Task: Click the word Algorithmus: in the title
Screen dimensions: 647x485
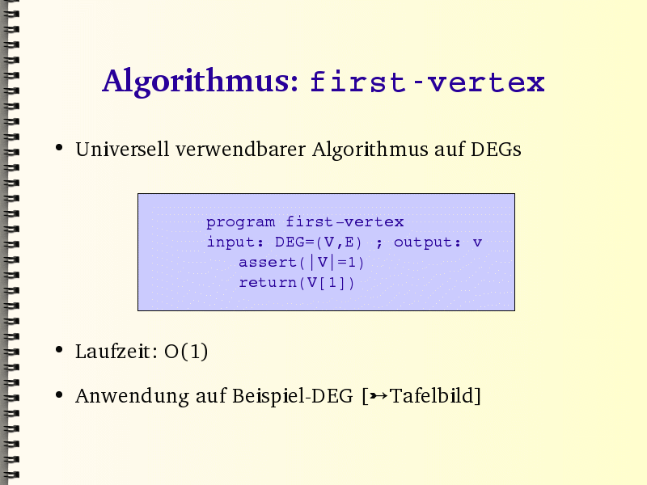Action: [x=200, y=82]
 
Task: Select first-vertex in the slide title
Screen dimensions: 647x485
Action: [x=428, y=82]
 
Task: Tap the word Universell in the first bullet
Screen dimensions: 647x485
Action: [x=122, y=149]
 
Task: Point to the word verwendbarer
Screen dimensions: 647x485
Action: [x=240, y=149]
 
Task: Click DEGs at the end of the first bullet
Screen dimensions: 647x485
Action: [x=496, y=150]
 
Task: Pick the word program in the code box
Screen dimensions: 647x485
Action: [x=240, y=223]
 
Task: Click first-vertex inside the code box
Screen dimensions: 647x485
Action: [x=345, y=221]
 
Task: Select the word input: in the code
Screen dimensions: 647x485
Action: [x=235, y=242]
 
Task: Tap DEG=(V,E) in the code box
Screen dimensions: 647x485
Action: [x=318, y=242]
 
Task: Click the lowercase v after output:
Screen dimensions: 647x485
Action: [x=477, y=242]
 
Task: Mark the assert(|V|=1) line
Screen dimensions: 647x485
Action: [x=301, y=262]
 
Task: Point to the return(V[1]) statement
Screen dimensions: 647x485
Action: [x=297, y=282]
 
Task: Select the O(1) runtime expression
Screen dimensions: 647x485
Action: [x=186, y=352]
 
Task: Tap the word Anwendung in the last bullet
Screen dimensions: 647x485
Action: [x=132, y=396]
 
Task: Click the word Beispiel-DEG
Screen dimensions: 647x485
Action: [x=293, y=396]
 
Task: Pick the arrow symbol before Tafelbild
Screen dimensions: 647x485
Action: [x=378, y=396]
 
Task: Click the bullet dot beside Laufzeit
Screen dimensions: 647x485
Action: [x=59, y=351]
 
